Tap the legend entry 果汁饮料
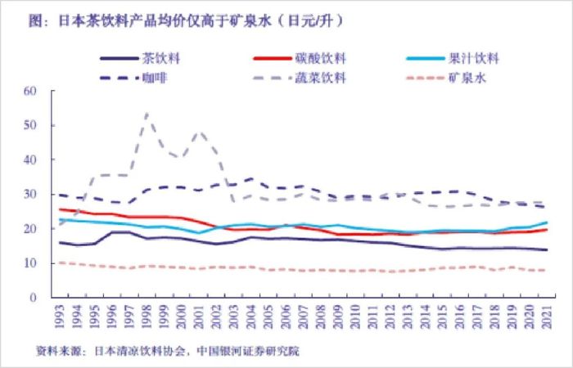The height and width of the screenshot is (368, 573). [474, 59]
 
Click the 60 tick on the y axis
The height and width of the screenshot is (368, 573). [31, 91]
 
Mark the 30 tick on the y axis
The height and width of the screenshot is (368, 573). [31, 195]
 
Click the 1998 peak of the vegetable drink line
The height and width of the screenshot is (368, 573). [147, 114]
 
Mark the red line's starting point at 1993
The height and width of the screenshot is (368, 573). [60, 209]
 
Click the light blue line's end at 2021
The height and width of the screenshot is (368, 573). [546, 222]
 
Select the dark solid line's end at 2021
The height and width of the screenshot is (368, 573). [546, 249]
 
